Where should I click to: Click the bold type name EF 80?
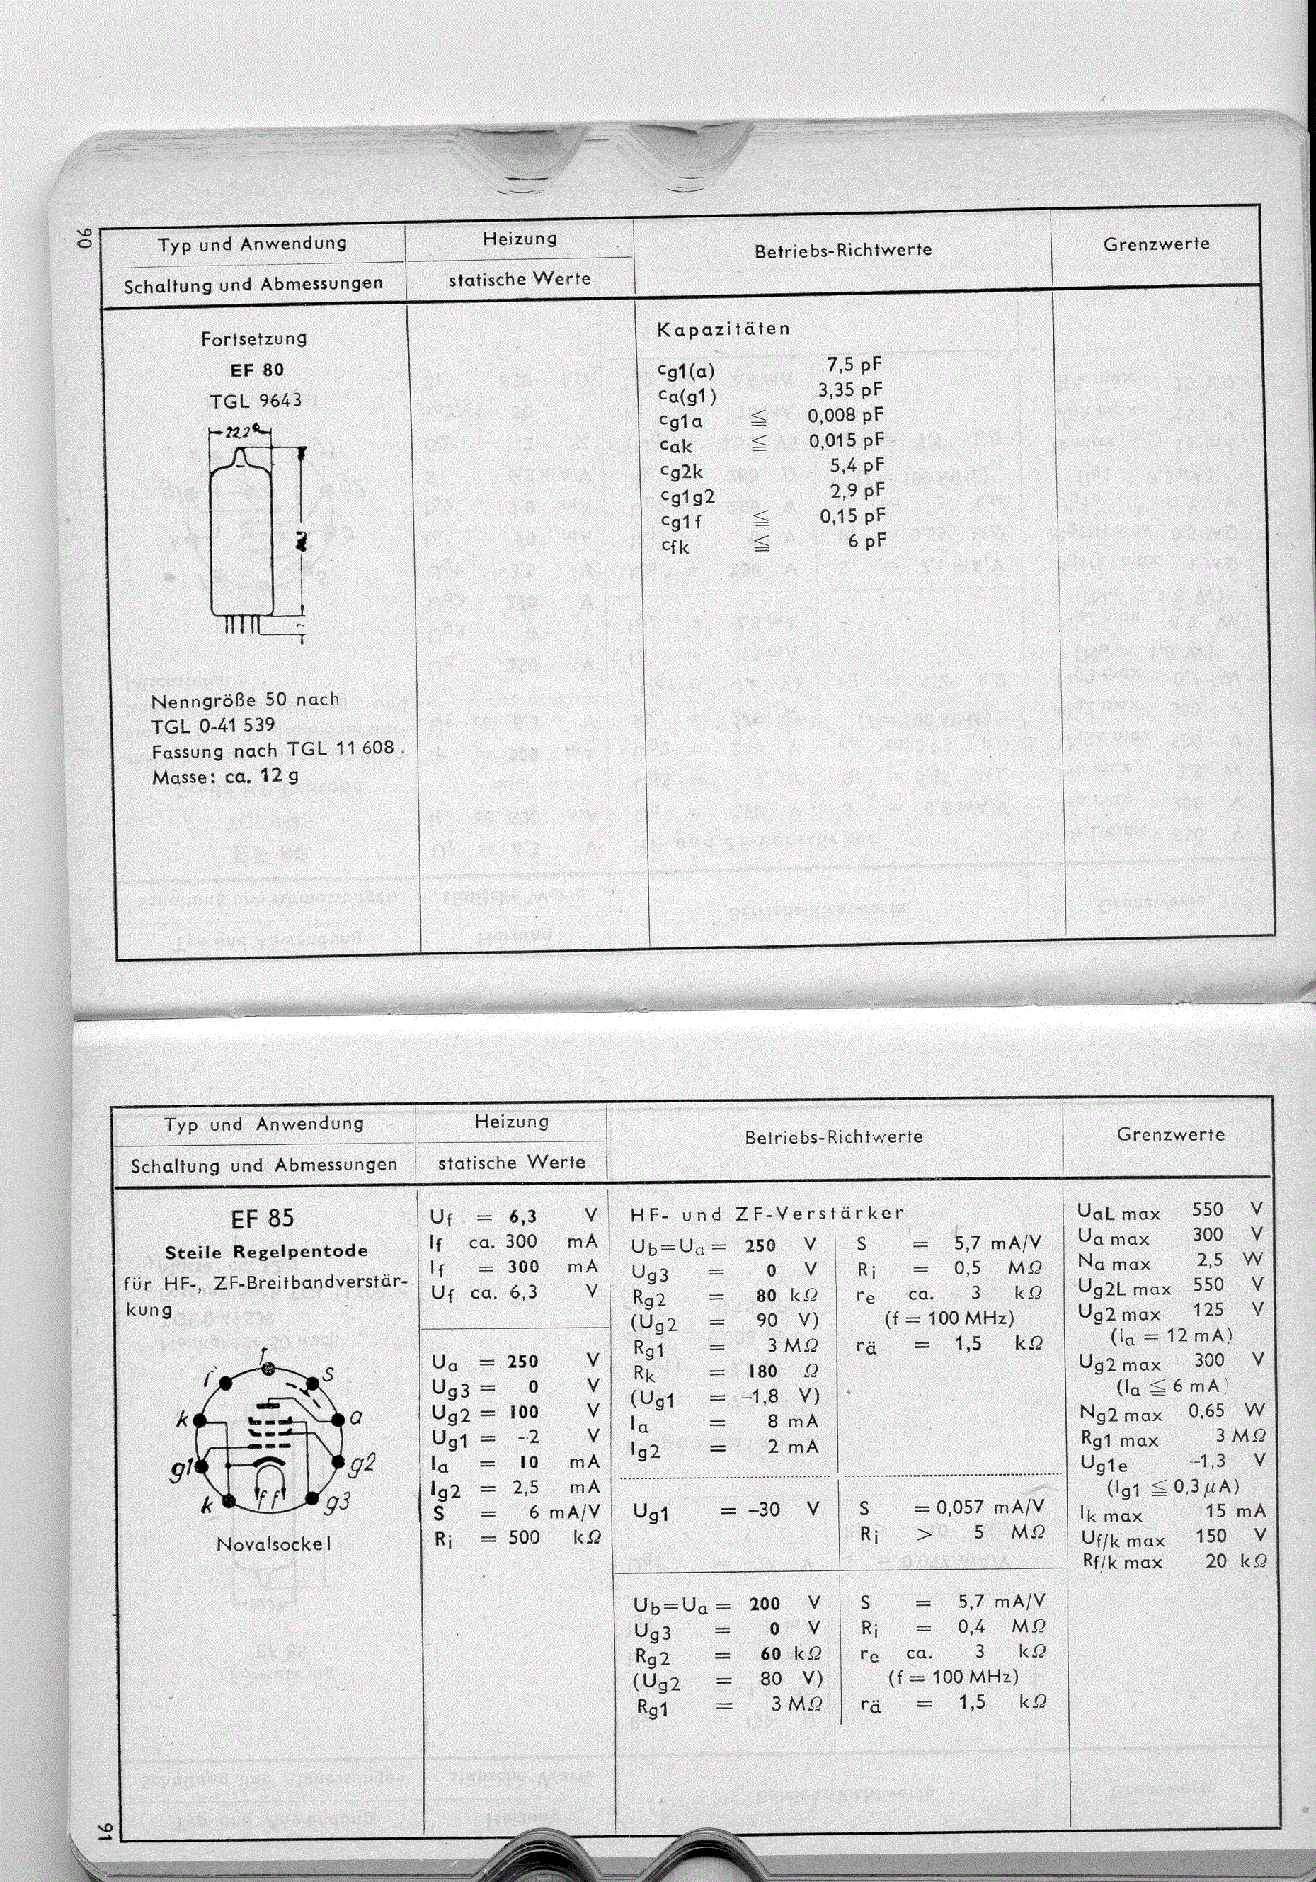pos(257,370)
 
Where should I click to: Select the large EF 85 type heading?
pos(262,1218)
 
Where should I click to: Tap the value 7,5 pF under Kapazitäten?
pos(854,365)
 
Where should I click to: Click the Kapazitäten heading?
pos(723,329)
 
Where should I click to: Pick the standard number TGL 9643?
pos(255,401)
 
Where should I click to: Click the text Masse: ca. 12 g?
pos(225,775)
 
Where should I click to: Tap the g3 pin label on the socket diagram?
pos(338,1502)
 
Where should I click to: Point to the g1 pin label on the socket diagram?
pos(181,1473)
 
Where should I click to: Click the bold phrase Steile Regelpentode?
pos(266,1253)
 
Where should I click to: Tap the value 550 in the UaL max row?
pos(1207,1210)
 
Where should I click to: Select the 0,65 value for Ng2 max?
pos(1206,1410)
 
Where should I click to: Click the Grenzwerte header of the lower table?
pos(1170,1135)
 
